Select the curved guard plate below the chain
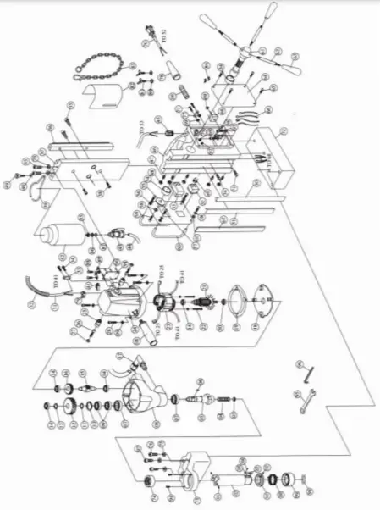click(108, 93)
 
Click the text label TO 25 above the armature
click(161, 273)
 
